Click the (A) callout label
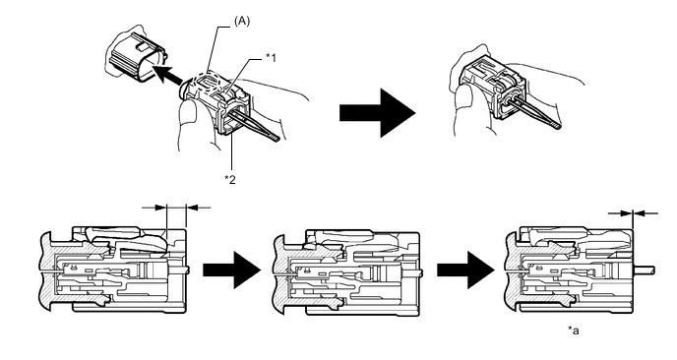coord(242,22)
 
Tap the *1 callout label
coord(271,57)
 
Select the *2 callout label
coord(230,180)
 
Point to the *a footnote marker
coord(574,331)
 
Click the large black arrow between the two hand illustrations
coord(377,113)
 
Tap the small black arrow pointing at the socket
coord(167,78)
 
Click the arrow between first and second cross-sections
coord(232,270)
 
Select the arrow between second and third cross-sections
coord(465,270)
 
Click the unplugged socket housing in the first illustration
coord(135,56)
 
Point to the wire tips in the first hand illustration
coord(273,138)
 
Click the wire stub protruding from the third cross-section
coord(645,270)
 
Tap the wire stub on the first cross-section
coord(188,270)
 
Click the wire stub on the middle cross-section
coord(420,271)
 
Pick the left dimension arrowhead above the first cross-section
coord(160,208)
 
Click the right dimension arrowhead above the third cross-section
coord(639,212)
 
